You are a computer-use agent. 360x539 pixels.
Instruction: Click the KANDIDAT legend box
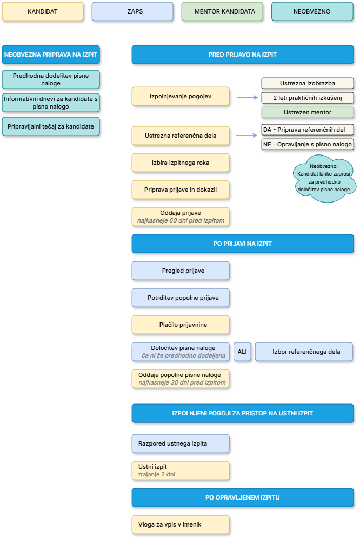pyautogui.click(x=43, y=11)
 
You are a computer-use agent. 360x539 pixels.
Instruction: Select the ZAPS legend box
pyautogui.click(x=132, y=11)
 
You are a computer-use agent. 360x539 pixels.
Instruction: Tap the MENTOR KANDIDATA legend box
pyautogui.click(x=222, y=11)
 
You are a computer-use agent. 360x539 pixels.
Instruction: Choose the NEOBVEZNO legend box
pyautogui.click(x=312, y=11)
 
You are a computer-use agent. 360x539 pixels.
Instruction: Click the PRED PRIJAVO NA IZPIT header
pyautogui.click(x=243, y=55)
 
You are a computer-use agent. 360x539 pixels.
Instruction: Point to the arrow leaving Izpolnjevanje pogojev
pyautogui.click(x=247, y=98)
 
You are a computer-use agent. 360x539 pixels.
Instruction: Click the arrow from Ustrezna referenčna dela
pyautogui.click(x=246, y=136)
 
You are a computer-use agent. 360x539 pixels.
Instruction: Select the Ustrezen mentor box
pyautogui.click(x=308, y=112)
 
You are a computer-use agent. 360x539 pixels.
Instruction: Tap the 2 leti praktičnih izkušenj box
pyautogui.click(x=308, y=98)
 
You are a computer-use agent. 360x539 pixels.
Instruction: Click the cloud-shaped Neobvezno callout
pyautogui.click(x=324, y=178)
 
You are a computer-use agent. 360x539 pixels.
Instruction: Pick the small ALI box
pyautogui.click(x=242, y=352)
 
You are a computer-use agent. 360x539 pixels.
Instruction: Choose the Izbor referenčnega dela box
pyautogui.click(x=304, y=352)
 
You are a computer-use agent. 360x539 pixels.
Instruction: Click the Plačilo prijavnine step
pyautogui.click(x=181, y=325)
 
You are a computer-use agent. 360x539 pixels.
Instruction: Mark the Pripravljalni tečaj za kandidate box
pyautogui.click(x=51, y=126)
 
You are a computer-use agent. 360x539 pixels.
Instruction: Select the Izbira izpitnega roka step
pyautogui.click(x=181, y=163)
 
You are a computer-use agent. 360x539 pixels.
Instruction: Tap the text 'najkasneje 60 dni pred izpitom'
pyautogui.click(x=181, y=221)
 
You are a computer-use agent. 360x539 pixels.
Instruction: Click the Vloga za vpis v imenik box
pyautogui.click(x=181, y=524)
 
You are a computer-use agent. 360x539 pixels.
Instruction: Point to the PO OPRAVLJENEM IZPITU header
pyautogui.click(x=243, y=497)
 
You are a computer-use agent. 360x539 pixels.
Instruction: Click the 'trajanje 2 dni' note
pyautogui.click(x=157, y=474)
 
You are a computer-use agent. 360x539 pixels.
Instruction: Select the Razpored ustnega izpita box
pyautogui.click(x=181, y=444)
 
